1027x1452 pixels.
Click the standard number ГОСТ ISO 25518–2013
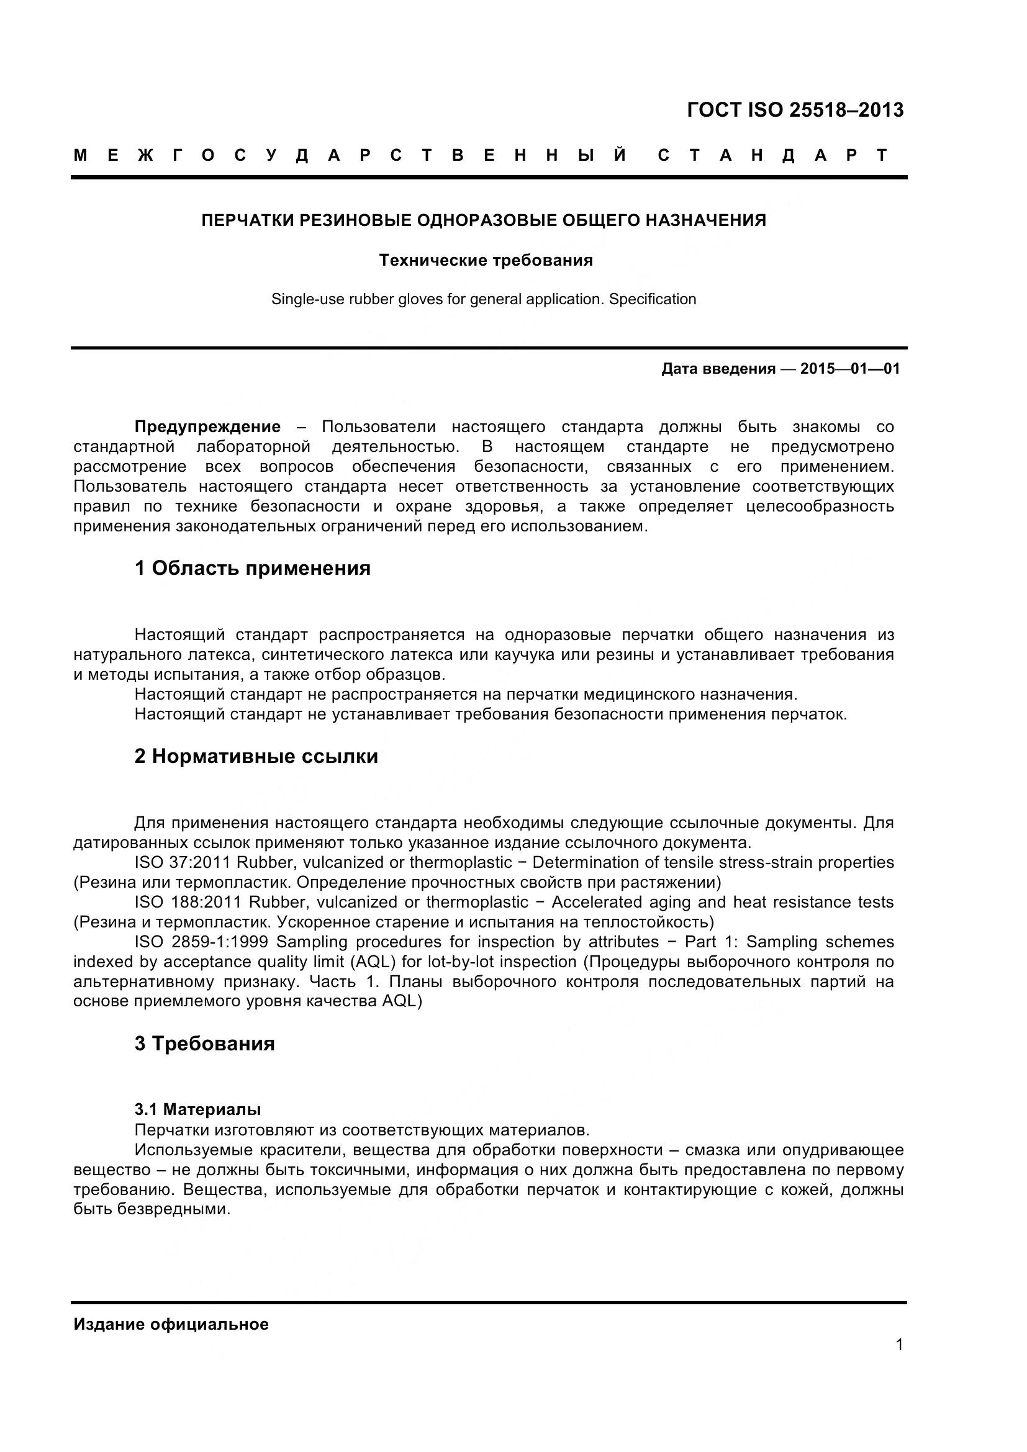(795, 110)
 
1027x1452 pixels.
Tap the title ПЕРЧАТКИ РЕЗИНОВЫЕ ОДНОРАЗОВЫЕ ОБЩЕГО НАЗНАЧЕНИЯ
(484, 220)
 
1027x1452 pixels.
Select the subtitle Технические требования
(486, 260)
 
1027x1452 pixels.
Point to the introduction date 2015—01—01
(850, 369)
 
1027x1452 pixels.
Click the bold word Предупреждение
(207, 427)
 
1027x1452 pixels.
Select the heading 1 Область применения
(252, 568)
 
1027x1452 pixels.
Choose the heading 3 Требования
(204, 1044)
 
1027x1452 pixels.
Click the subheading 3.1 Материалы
(197, 1109)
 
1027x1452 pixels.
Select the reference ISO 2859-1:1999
(202, 942)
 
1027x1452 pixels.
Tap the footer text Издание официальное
(171, 1324)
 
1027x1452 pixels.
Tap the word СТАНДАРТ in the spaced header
(773, 155)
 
